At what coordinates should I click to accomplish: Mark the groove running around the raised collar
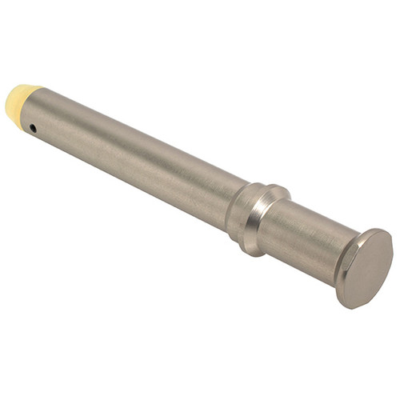(258, 213)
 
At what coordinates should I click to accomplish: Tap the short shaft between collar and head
(308, 240)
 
